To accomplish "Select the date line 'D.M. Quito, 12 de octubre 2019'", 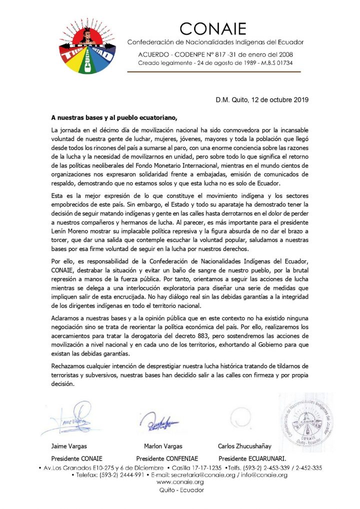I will [x=262, y=100].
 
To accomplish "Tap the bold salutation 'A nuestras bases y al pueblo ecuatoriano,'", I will [x=114, y=118].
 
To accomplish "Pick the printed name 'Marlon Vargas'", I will [x=163, y=446].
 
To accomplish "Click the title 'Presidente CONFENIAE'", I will [x=167, y=458].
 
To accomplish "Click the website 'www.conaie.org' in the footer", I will [x=180, y=482].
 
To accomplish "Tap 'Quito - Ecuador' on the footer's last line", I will [x=180, y=490].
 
